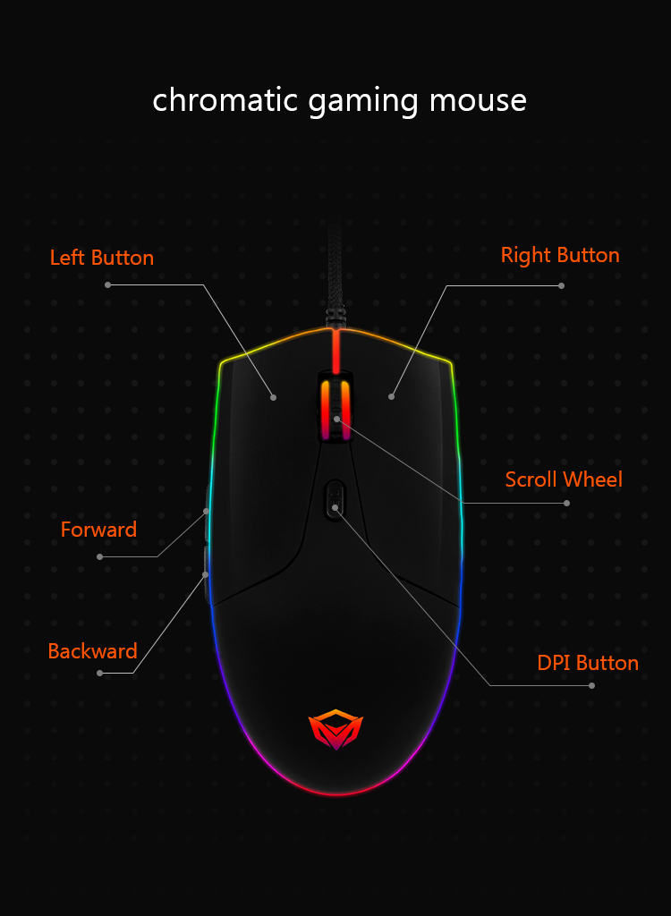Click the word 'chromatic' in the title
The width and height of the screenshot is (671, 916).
(x=225, y=99)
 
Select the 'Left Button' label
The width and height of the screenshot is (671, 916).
(x=102, y=258)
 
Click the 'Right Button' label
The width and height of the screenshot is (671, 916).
(x=560, y=255)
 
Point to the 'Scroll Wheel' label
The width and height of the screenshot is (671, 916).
(x=564, y=479)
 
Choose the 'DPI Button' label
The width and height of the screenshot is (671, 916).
(x=588, y=663)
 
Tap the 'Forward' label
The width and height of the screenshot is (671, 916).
(x=98, y=530)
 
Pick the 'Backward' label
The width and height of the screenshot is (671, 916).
(x=93, y=651)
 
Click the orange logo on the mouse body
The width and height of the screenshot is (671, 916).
(x=335, y=728)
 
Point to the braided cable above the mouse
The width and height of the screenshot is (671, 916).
(x=335, y=268)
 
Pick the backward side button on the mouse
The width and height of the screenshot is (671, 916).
(x=207, y=575)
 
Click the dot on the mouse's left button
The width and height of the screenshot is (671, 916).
(x=274, y=397)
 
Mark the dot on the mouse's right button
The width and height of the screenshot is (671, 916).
(x=391, y=396)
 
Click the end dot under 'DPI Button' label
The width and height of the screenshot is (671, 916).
(x=591, y=685)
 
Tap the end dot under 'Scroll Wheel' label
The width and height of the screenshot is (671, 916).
(x=566, y=503)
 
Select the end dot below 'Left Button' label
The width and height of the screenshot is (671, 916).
(x=107, y=284)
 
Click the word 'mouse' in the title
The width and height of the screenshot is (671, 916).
(x=478, y=99)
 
